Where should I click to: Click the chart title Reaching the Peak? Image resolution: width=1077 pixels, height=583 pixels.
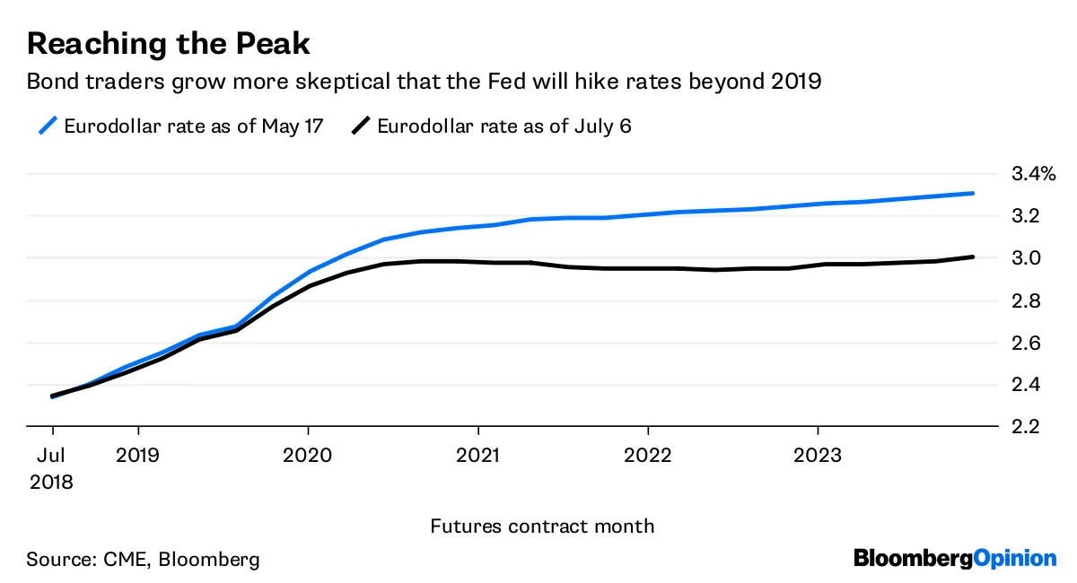click(169, 44)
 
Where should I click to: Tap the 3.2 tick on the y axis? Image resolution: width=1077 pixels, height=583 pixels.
click(1025, 215)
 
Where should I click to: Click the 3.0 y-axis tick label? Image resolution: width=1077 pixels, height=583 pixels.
click(1025, 258)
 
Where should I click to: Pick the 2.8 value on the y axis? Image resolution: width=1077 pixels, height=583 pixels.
click(1025, 300)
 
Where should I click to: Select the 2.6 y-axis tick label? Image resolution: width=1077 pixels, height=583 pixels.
click(1025, 343)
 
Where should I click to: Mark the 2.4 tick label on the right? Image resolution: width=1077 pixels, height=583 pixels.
click(1025, 385)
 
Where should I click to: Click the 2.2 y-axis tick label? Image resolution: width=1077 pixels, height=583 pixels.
click(1025, 427)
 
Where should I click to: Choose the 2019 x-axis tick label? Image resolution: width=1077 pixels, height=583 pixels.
click(137, 455)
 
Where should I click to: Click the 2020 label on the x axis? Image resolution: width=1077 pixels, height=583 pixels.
click(308, 455)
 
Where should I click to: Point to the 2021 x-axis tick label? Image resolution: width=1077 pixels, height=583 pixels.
click(478, 455)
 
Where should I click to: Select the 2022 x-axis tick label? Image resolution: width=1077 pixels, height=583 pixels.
click(648, 455)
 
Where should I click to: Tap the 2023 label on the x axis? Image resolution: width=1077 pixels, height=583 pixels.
click(818, 455)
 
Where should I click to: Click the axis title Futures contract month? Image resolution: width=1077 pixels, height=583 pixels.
click(542, 526)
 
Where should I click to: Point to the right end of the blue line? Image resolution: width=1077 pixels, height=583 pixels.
click(998, 193)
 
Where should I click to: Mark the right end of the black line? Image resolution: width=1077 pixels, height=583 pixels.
click(998, 257)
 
